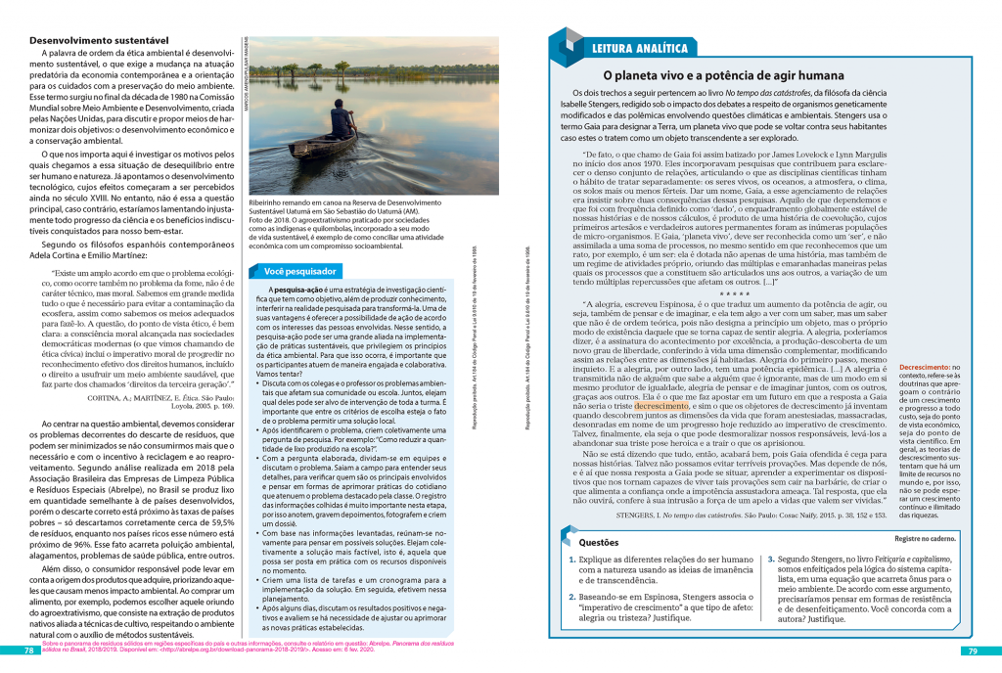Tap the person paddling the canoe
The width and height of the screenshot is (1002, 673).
coord(342,122)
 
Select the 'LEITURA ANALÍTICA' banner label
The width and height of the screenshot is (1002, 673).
coord(641,49)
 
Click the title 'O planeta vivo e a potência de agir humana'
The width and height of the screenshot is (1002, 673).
coord(722,75)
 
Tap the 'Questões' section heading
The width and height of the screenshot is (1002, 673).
coord(599,541)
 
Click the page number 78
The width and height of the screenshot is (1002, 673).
coord(29,651)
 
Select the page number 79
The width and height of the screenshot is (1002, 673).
coord(973,651)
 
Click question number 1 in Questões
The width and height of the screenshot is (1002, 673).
coord(572,559)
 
